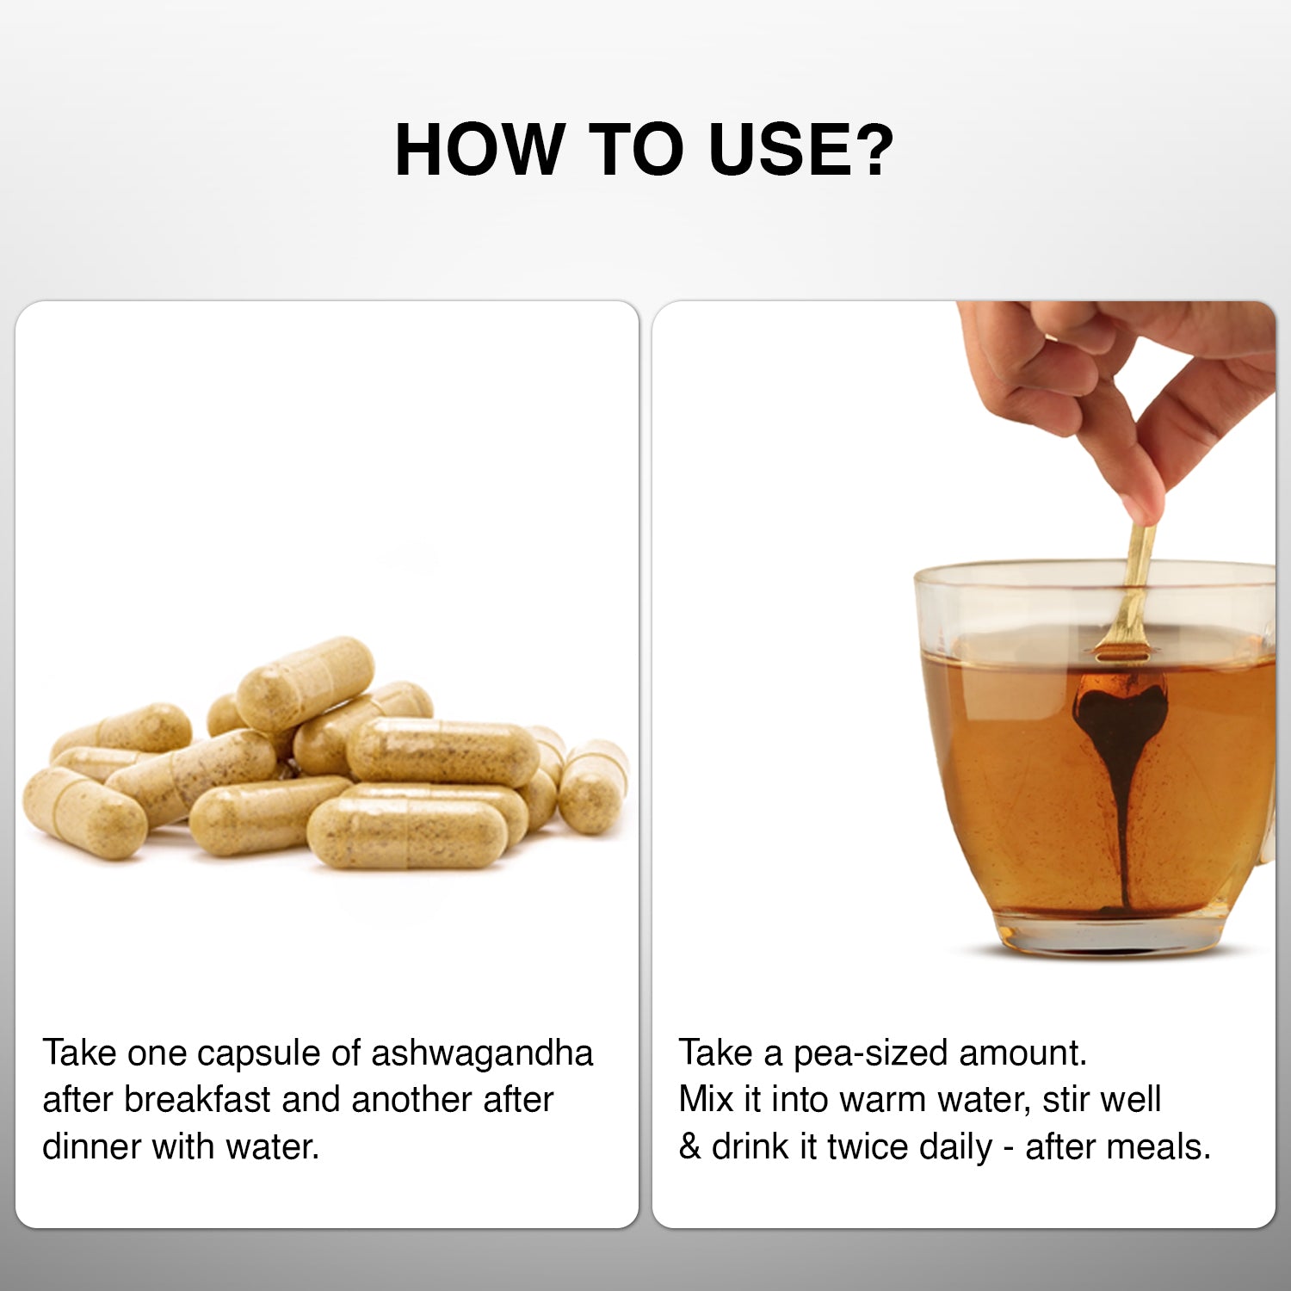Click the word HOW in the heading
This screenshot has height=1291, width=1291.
[479, 150]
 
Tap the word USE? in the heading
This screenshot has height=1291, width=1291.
[801, 150]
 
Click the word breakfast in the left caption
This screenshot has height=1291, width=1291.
[198, 1099]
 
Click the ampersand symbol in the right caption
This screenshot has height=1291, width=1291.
[689, 1146]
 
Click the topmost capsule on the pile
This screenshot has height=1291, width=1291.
[306, 684]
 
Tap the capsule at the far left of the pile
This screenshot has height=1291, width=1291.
[84, 813]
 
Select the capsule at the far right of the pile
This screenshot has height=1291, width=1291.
[593, 786]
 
